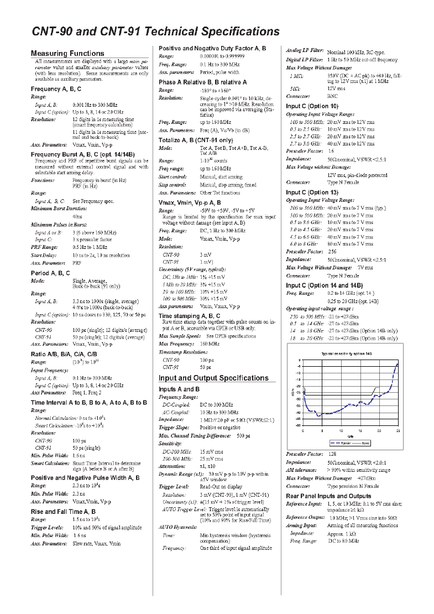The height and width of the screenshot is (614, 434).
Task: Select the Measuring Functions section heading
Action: tap(67, 54)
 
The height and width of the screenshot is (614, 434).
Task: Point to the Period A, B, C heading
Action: tap(50, 273)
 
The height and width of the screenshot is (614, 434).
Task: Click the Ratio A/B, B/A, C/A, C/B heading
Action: tap(65, 353)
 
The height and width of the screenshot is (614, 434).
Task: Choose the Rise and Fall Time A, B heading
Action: tap(63, 512)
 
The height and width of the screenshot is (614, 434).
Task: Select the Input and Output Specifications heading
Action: tap(213, 378)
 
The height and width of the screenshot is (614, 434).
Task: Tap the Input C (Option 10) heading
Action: tap(312, 106)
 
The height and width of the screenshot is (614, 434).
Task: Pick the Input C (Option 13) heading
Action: tap(312, 192)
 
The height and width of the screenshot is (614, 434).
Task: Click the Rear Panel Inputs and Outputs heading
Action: tap(328, 496)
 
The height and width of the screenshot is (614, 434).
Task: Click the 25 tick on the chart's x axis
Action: tap(398, 430)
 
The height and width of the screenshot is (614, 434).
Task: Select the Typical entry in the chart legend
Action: tap(343, 443)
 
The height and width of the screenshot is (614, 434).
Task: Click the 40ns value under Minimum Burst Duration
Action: tap(77, 216)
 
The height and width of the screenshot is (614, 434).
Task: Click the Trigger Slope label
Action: tap(174, 428)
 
